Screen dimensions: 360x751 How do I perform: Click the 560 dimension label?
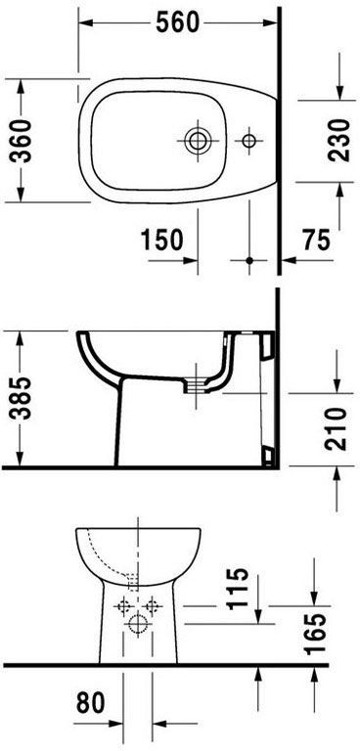[x=177, y=22]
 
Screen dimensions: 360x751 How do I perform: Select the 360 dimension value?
[x=22, y=141]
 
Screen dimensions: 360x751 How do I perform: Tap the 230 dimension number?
[x=339, y=141]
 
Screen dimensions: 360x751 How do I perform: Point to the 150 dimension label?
[x=162, y=240]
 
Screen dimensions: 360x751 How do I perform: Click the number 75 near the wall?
[x=316, y=240]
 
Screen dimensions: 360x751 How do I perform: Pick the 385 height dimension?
[x=22, y=398]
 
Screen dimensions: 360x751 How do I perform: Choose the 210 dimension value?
[x=336, y=428]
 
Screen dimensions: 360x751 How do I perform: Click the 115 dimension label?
[x=239, y=588]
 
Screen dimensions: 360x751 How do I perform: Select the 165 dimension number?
[x=316, y=634]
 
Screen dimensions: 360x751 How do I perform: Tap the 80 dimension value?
[x=90, y=703]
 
